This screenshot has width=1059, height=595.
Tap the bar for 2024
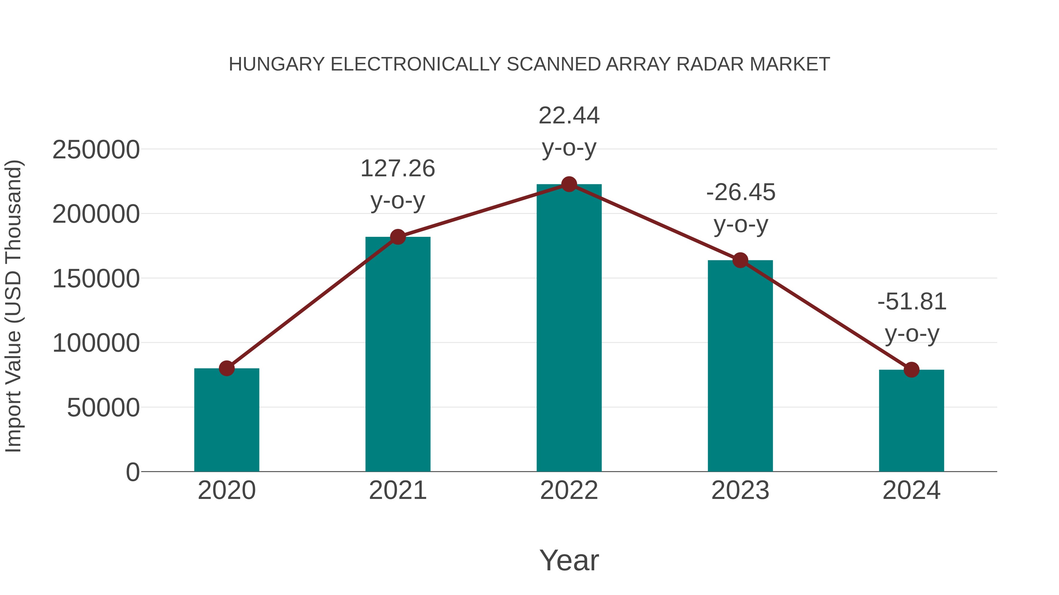click(x=911, y=420)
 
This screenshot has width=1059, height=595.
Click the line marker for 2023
click(x=740, y=260)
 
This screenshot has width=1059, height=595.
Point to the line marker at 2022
click(x=569, y=184)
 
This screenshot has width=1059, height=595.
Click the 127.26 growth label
click(x=397, y=169)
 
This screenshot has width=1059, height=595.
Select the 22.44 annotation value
click(x=569, y=116)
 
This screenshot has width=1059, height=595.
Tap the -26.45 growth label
click(x=740, y=192)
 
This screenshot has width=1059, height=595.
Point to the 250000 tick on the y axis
click(x=96, y=150)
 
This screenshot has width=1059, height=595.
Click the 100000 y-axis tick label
click(x=96, y=343)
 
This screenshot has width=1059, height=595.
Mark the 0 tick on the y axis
click(x=133, y=472)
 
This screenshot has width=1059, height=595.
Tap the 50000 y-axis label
click(x=103, y=408)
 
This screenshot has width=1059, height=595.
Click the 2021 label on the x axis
click(x=397, y=490)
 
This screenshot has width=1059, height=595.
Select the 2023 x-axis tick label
click(x=740, y=490)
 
